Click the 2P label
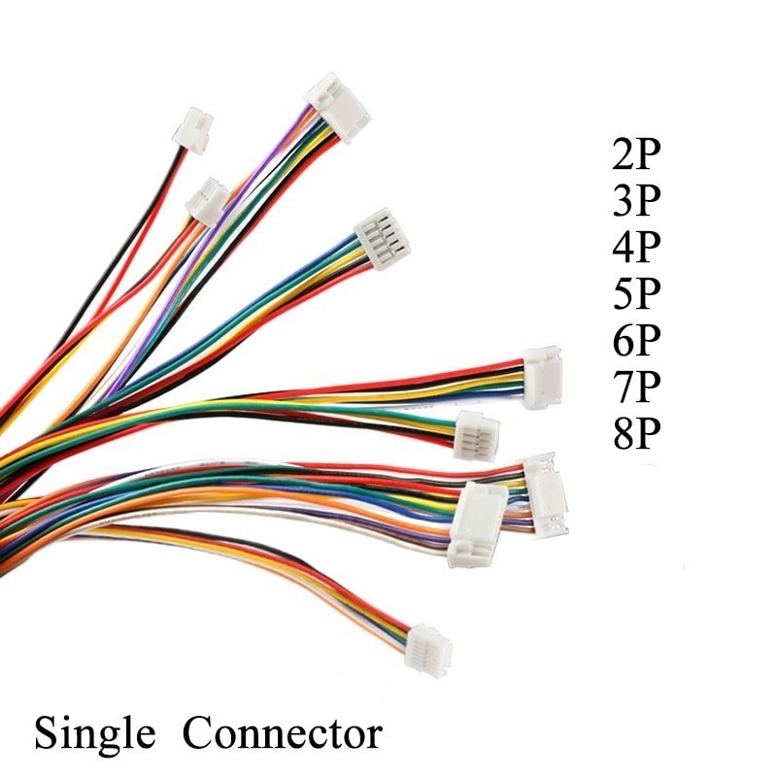click(x=637, y=154)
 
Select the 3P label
click(x=637, y=201)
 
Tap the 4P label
click(x=637, y=248)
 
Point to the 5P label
click(x=637, y=294)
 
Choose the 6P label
click(x=637, y=341)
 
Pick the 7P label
click(x=637, y=388)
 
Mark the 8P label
click(x=637, y=434)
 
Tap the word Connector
click(x=283, y=734)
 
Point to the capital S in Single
click(x=45, y=733)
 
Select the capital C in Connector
click(x=195, y=733)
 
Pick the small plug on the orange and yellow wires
click(x=207, y=201)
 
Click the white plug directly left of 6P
click(x=542, y=377)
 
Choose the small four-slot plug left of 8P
click(x=476, y=433)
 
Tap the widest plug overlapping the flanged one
click(x=477, y=524)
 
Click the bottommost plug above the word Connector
click(x=428, y=649)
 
